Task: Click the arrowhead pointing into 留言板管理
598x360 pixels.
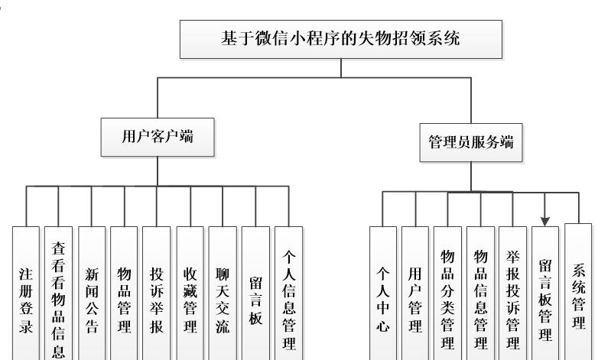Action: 545,222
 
